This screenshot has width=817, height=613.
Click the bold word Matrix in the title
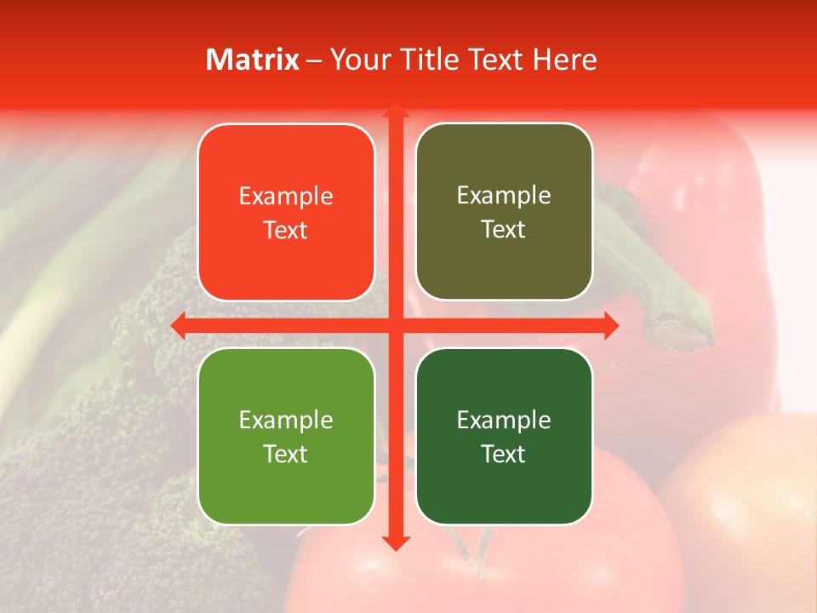point(253,60)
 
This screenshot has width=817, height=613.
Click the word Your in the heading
point(357,60)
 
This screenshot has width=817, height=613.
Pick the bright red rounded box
point(286,212)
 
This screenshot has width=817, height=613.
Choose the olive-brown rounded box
point(504,212)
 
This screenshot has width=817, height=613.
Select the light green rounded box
point(286,436)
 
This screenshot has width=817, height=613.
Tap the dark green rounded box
point(504,436)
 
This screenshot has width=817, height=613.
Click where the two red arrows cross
point(395,325)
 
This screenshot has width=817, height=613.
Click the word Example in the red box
point(286,196)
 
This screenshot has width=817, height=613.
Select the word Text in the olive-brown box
point(504,229)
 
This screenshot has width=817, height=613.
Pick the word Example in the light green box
point(286,420)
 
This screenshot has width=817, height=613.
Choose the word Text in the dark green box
point(504,454)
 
